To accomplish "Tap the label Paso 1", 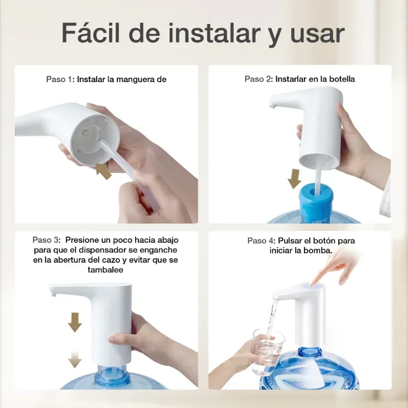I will (60, 80).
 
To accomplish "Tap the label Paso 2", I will (258, 79).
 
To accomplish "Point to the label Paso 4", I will (261, 240).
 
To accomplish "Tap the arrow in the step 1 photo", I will (103, 171).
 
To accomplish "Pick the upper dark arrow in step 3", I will (74, 322).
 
